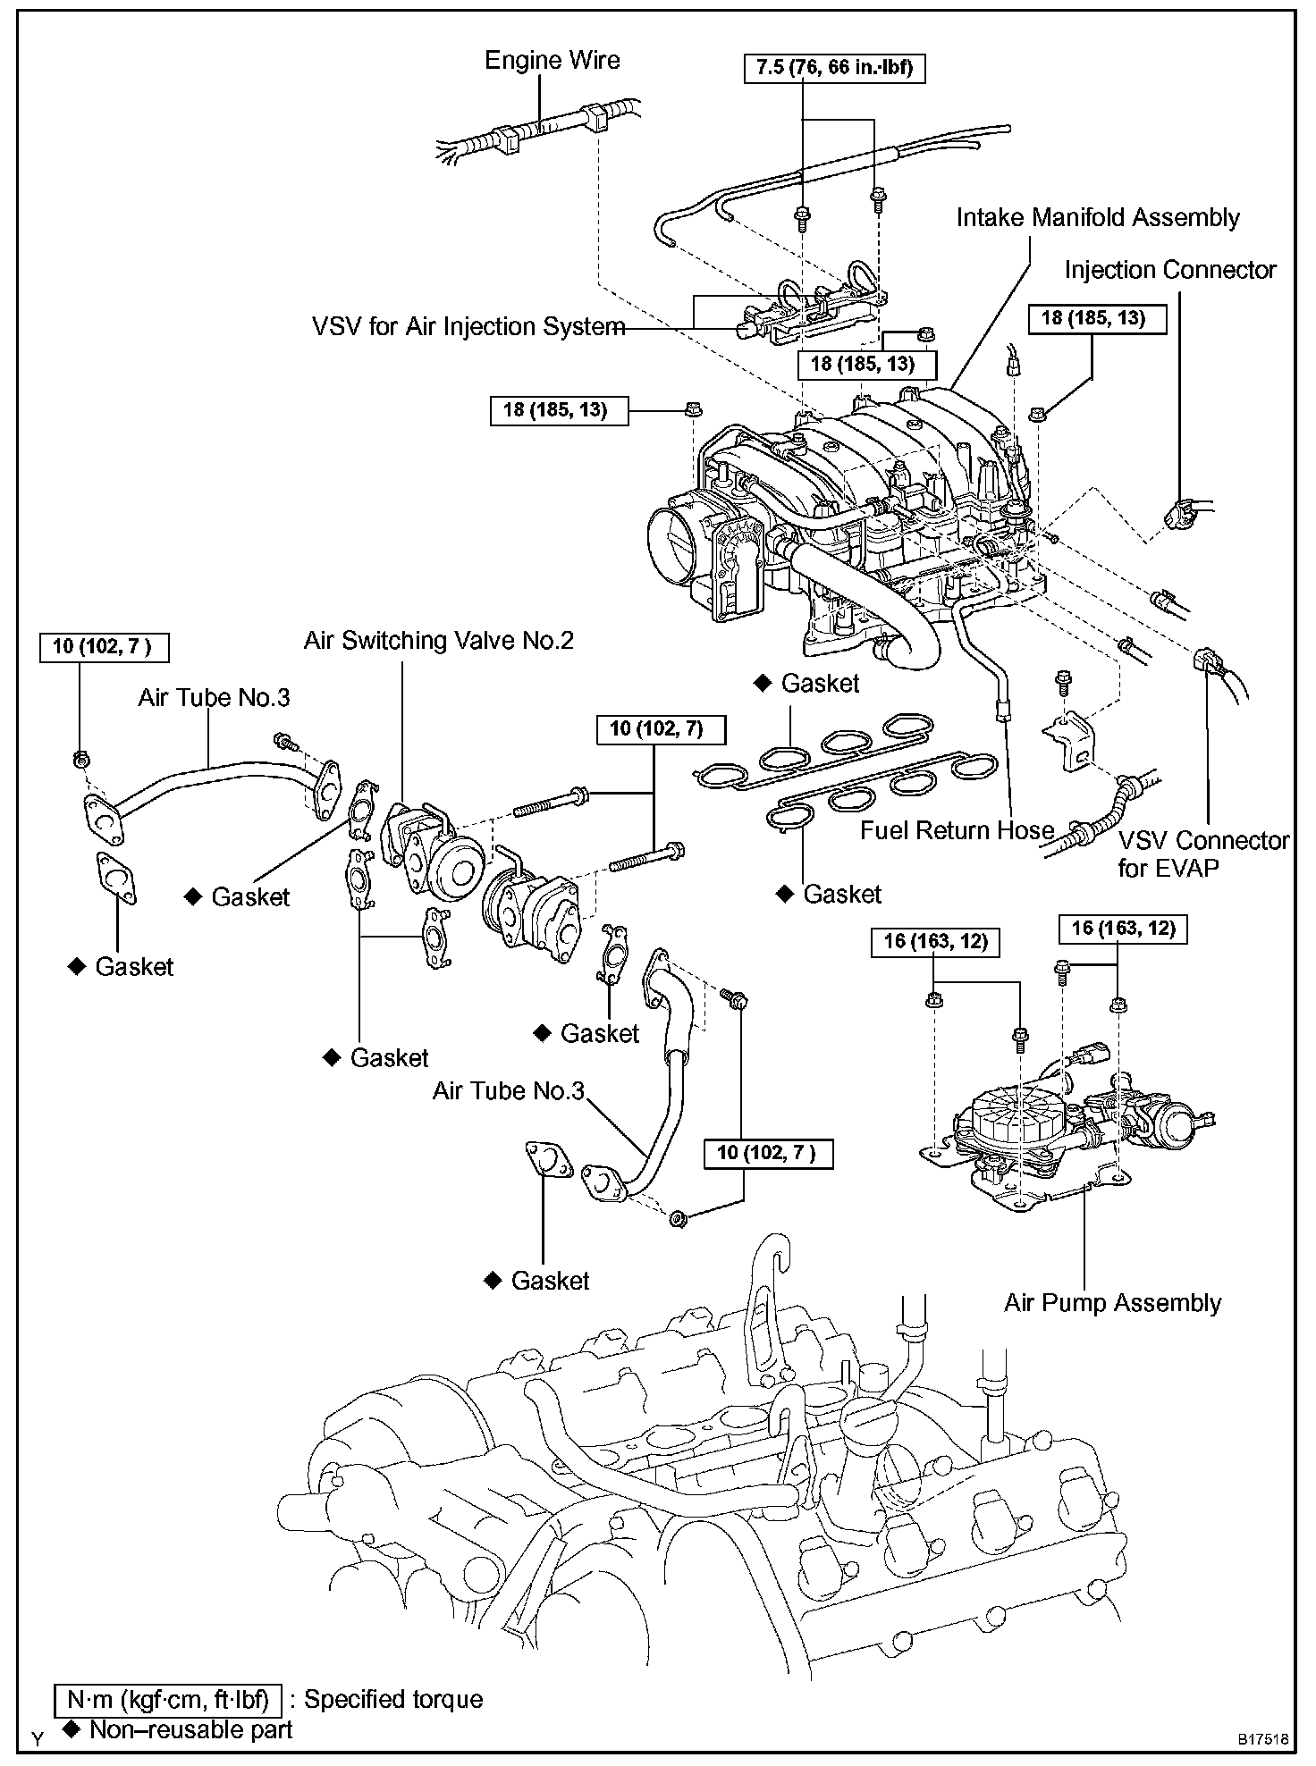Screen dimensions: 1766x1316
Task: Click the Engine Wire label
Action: coord(552,61)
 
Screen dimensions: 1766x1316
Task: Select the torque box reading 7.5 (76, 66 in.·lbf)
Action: coord(834,68)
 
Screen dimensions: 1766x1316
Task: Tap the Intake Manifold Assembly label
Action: coord(1098,218)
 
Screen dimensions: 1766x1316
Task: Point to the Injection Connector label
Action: coord(1170,270)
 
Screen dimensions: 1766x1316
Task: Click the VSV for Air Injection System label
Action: coord(468,327)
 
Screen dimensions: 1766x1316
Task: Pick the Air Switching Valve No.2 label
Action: coord(438,641)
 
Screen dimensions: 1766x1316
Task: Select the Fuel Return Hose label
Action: coord(957,830)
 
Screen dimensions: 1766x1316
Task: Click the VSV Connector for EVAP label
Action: coord(1203,854)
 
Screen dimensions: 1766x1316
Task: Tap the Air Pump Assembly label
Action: coord(1112,1303)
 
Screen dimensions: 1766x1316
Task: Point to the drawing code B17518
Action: coord(1263,1739)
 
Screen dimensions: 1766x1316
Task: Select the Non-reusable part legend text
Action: coord(190,1729)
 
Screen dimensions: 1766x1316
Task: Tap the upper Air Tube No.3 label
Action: coord(214,698)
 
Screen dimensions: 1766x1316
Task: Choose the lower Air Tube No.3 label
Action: coord(508,1091)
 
